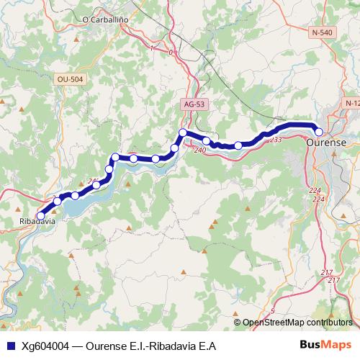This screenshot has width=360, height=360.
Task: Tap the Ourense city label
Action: [x=326, y=143]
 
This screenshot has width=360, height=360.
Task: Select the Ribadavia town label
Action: [x=35, y=222]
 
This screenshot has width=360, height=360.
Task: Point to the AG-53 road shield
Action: [x=192, y=104]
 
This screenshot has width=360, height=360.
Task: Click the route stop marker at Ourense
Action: [x=319, y=131]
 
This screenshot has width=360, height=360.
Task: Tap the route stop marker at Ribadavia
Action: [x=40, y=215]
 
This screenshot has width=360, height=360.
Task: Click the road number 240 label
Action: [x=199, y=149]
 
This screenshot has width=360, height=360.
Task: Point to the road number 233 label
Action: [x=275, y=139]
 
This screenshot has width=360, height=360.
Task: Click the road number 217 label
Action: [x=328, y=271]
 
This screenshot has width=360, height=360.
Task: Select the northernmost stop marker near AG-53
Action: [x=183, y=132]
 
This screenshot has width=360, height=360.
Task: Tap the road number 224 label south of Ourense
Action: [x=314, y=190]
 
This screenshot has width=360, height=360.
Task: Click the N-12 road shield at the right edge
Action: [x=351, y=104]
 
